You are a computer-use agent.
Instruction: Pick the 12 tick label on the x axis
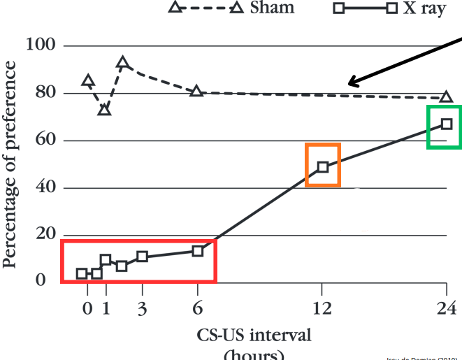pyautogui.click(x=322, y=308)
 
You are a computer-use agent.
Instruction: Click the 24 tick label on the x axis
pyautogui.click(x=446, y=308)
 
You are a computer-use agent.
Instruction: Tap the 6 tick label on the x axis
pyautogui.click(x=198, y=308)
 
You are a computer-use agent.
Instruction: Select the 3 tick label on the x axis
pyautogui.click(x=142, y=308)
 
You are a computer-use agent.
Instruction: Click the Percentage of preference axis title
pyautogui.click(x=11, y=164)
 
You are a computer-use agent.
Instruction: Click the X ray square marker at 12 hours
pyautogui.click(x=322, y=166)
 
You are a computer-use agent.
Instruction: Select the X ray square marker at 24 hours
pyautogui.click(x=447, y=124)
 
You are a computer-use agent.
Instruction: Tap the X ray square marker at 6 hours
pyautogui.click(x=198, y=250)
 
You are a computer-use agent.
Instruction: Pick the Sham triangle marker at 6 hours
pyautogui.click(x=197, y=91)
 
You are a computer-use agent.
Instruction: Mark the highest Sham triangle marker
pyautogui.click(x=123, y=63)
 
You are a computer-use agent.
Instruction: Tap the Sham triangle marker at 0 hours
pyautogui.click(x=87, y=80)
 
